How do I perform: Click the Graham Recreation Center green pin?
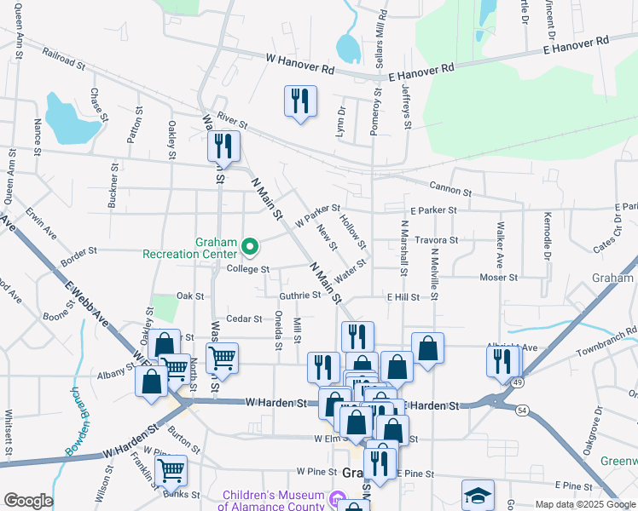tap(250, 248)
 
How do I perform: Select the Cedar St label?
tap(244, 319)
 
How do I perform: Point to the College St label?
tap(248, 269)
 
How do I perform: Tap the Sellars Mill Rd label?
tap(381, 40)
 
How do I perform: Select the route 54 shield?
tap(522, 411)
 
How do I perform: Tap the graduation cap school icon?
tap(478, 495)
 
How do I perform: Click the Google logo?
tap(28, 501)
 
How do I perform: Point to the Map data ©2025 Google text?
tap(585, 504)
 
